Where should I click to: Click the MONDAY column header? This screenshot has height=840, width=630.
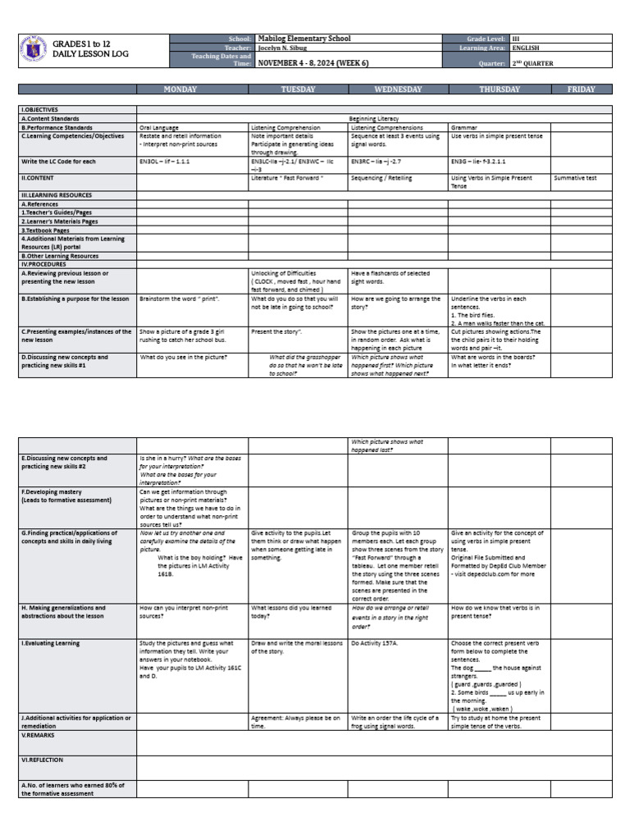180,89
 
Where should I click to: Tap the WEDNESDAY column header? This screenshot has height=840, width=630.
397,89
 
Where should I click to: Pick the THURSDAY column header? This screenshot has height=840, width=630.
499,89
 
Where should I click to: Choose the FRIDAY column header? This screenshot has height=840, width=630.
581,89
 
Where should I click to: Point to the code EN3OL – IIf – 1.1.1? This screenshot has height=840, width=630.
165,162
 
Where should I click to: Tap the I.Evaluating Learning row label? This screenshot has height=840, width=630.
51,643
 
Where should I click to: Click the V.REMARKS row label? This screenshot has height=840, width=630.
38,735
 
